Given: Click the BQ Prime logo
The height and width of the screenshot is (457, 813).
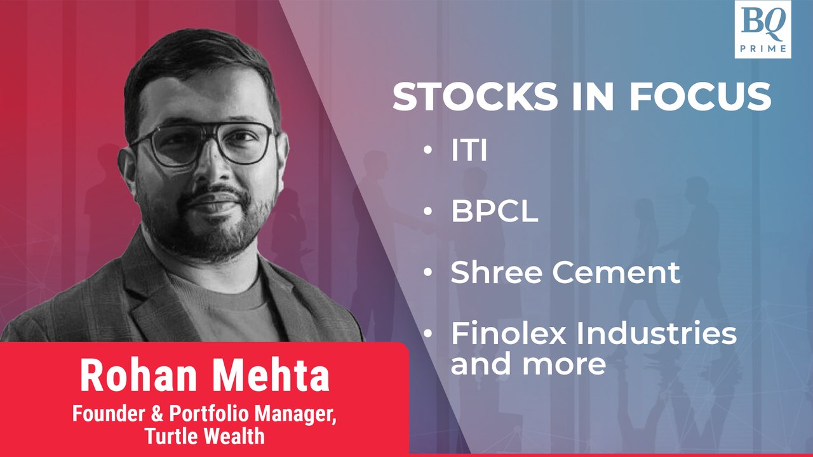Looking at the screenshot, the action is pyautogui.click(x=763, y=29).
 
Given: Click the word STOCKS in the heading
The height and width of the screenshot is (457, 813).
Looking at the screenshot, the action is pyautogui.click(x=475, y=97).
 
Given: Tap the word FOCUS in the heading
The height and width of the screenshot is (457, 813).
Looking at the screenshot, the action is pyautogui.click(x=701, y=97).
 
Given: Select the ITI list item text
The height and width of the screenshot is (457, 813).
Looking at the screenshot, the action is pyautogui.click(x=469, y=150).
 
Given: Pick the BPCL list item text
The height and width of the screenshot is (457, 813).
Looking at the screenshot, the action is pyautogui.click(x=494, y=211).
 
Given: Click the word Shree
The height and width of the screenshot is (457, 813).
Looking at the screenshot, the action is pyautogui.click(x=497, y=272).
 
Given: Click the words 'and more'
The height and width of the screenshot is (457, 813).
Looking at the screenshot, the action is pyautogui.click(x=528, y=364).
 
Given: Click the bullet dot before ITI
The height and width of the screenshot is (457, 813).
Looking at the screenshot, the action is pyautogui.click(x=428, y=150).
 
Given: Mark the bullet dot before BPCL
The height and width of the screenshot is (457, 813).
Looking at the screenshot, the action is pyautogui.click(x=428, y=211).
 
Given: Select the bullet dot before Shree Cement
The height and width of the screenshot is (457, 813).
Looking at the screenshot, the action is pyautogui.click(x=428, y=272).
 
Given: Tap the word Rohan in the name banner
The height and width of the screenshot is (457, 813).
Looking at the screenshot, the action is pyautogui.click(x=138, y=375).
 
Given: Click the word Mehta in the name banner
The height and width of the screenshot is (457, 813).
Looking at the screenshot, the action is pyautogui.click(x=271, y=375).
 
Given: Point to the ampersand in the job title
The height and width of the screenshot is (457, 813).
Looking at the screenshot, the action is pyautogui.click(x=157, y=414).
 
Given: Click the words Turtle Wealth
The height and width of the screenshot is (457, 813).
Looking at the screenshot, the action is pyautogui.click(x=205, y=435).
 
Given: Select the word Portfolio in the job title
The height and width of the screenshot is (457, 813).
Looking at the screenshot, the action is pyautogui.click(x=209, y=414).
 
